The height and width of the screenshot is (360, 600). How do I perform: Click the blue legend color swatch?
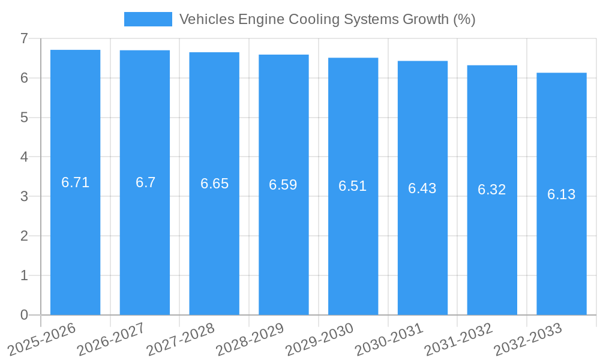click(148, 19)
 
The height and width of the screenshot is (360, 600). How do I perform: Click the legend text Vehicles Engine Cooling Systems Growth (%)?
click(327, 19)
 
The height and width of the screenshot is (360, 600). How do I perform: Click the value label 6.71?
click(75, 182)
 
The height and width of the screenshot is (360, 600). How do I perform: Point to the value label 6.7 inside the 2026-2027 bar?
click(145, 182)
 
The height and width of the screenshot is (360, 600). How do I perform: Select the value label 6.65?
click(214, 184)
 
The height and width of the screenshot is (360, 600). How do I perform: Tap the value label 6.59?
click(283, 185)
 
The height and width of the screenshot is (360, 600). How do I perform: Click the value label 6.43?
click(422, 188)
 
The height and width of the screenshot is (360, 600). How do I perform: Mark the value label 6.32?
click(492, 190)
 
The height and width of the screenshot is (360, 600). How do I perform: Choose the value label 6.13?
click(562, 194)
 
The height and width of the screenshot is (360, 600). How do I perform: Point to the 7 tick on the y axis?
click(24, 38)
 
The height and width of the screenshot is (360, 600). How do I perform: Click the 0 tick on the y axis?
click(24, 315)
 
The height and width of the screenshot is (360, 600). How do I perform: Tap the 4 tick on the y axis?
click(24, 157)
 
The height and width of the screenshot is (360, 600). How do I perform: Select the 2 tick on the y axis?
click(24, 236)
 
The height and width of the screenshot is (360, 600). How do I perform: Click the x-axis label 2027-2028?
click(180, 339)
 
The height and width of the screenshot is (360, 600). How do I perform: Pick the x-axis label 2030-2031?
click(389, 339)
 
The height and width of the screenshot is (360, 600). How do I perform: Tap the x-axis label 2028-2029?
click(250, 339)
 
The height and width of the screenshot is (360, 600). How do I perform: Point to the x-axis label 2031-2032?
click(458, 339)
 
